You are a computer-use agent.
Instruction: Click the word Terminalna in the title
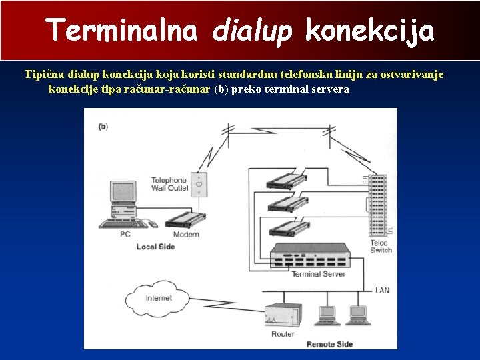tap(122, 30)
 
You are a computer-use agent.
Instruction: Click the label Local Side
tap(155, 247)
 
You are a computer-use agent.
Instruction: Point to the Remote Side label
tap(329, 344)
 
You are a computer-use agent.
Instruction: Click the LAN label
tap(382, 290)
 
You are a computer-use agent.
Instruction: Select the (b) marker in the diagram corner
tap(103, 126)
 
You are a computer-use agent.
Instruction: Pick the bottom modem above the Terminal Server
tap(288, 230)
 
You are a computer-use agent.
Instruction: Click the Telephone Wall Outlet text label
tap(169, 185)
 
